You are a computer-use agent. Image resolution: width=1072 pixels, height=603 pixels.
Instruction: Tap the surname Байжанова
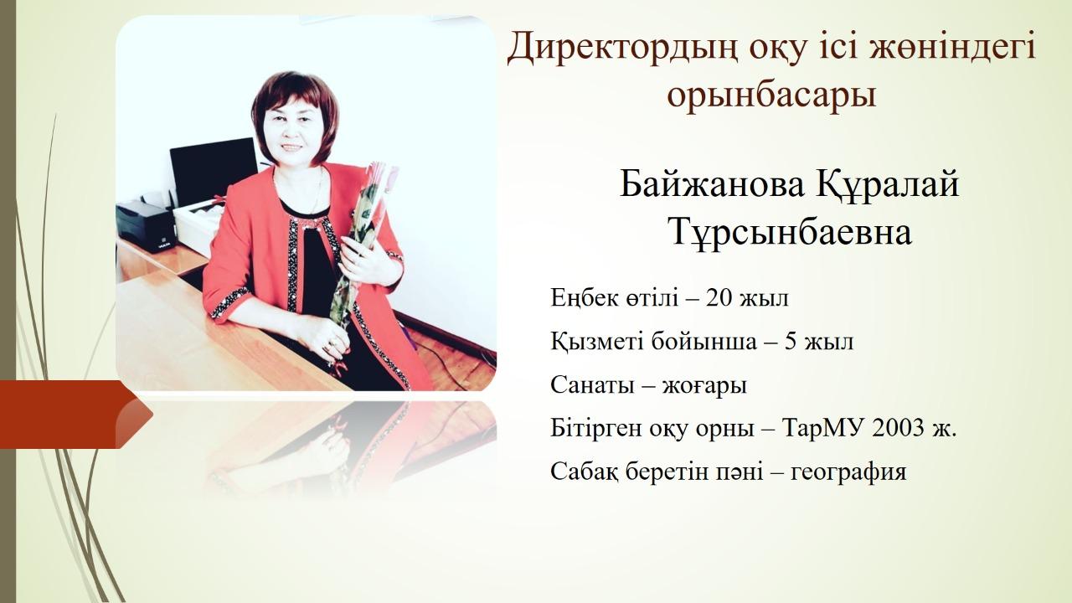712,185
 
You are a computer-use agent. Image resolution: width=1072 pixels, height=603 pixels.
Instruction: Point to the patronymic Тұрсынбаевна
791,233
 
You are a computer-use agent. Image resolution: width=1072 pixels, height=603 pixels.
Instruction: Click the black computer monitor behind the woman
214,172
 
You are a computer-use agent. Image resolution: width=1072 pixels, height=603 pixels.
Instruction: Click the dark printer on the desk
145,226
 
